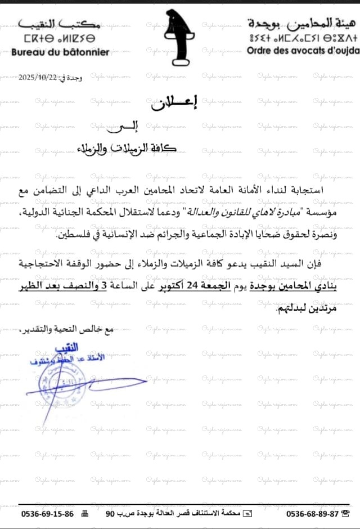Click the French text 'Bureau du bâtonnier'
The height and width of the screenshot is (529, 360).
pyautogui.click(x=61, y=52)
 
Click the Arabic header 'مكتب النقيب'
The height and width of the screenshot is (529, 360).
pyautogui.click(x=60, y=24)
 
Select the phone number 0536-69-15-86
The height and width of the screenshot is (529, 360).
pyautogui.click(x=47, y=514)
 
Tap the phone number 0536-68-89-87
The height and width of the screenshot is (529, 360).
pyautogui.click(x=312, y=514)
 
